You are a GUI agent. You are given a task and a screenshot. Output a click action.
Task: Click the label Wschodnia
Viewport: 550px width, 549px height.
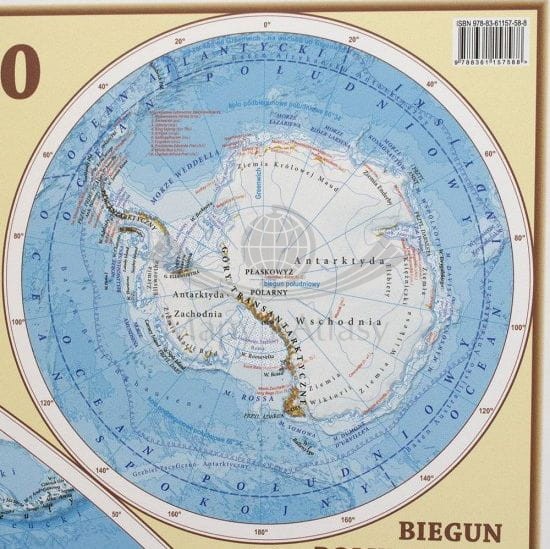[x=349, y=322]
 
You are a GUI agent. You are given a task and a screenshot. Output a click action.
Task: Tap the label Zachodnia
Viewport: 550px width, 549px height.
[x=178, y=313]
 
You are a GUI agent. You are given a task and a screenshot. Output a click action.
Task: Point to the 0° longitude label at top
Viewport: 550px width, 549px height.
[x=266, y=20]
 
